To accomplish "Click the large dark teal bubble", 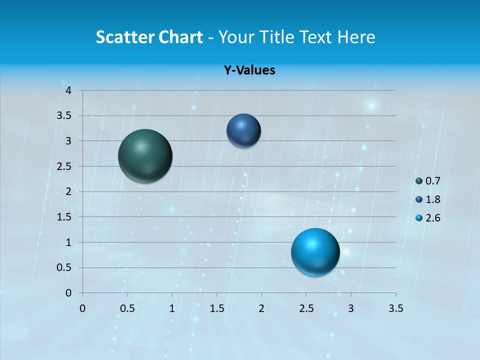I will [x=145, y=156].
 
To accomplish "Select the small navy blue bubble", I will [x=243, y=130].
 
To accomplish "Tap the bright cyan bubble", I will [x=315, y=252].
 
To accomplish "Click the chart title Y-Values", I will [x=249, y=70].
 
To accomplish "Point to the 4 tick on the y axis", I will [x=69, y=90].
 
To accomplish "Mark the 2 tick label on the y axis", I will [x=69, y=191].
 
